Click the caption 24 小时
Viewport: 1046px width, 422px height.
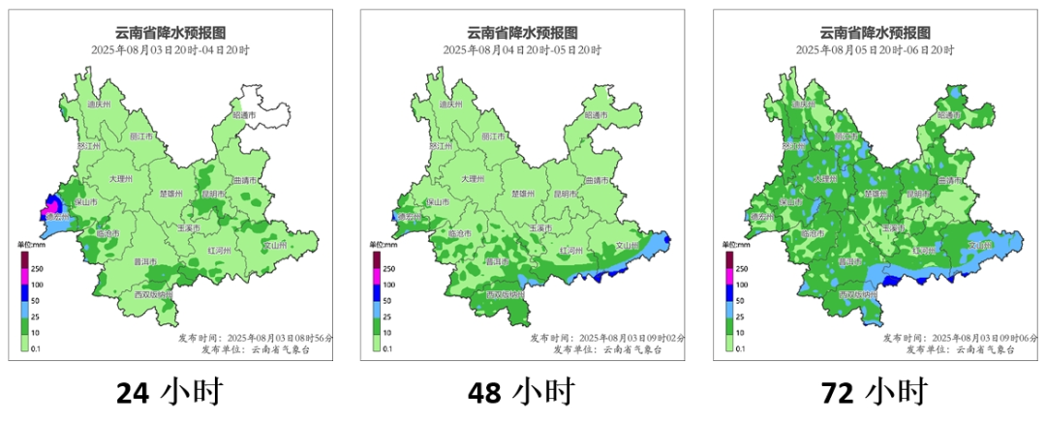point(169,393)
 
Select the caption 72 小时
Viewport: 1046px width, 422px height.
point(874,393)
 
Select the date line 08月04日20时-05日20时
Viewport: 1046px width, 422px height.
point(522,49)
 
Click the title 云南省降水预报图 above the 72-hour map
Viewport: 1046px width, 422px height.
point(874,33)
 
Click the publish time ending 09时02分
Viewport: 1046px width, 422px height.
point(607,339)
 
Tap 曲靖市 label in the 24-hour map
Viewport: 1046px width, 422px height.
point(246,180)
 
